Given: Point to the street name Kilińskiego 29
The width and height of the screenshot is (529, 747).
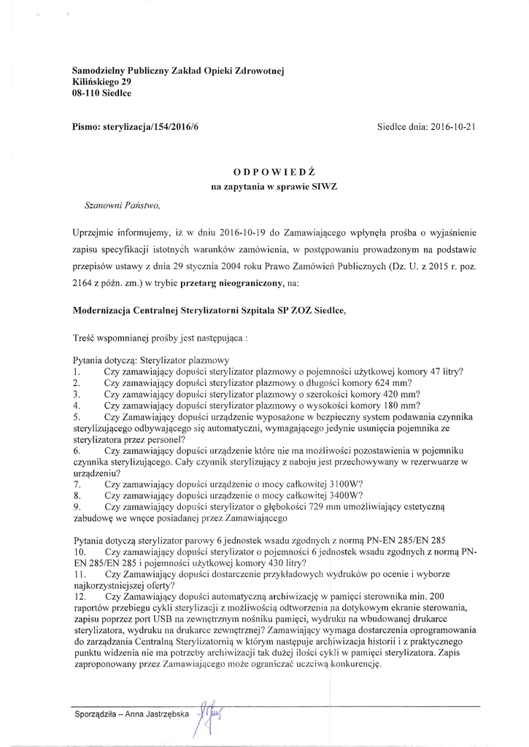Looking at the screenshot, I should (x=102, y=82).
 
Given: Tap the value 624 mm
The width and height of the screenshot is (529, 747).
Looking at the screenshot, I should (x=395, y=383).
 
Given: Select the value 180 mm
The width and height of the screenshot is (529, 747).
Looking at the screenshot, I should (x=403, y=406).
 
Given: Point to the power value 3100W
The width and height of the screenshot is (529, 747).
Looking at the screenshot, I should (x=344, y=484).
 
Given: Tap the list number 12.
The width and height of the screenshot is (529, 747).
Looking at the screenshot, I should (x=80, y=597).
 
